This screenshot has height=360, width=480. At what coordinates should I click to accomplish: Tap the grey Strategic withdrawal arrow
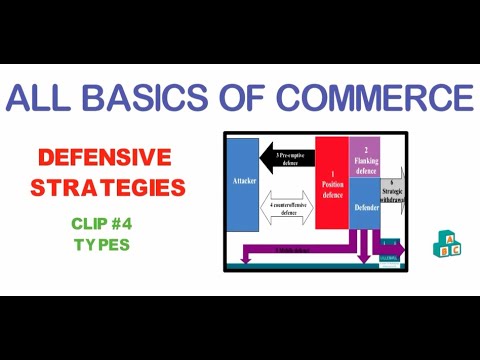391,189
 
